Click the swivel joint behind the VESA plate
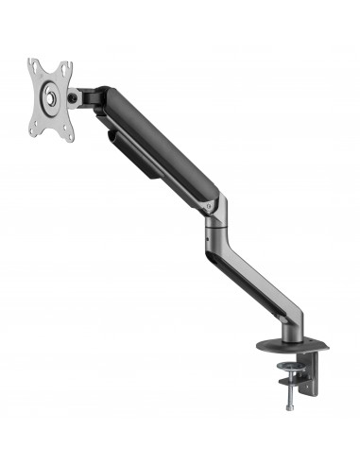pos(74,96)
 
